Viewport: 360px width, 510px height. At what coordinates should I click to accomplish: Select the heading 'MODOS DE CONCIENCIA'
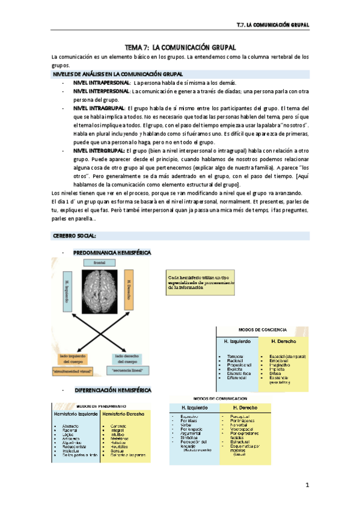coord(262,330)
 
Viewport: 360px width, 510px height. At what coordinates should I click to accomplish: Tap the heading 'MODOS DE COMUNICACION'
coord(220,398)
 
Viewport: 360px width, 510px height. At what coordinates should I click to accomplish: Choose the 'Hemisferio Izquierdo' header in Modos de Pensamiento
coord(76,414)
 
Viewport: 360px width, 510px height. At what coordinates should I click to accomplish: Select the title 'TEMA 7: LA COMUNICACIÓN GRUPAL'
coord(180,46)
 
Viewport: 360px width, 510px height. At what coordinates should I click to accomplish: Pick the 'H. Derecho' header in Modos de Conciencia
coord(284,341)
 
